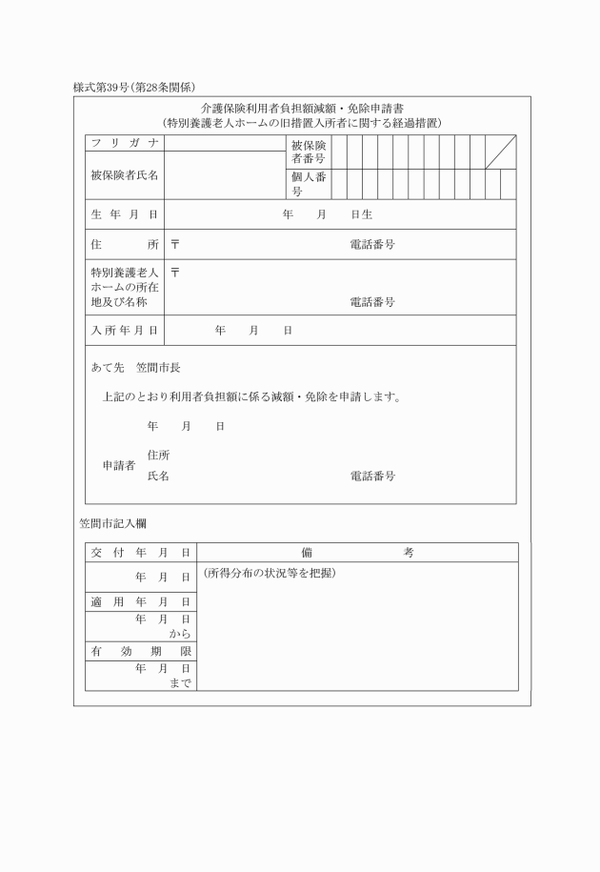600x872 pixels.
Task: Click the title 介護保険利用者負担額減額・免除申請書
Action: point(302,109)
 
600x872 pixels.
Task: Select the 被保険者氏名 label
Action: point(124,175)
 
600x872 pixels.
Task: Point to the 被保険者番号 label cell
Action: point(309,152)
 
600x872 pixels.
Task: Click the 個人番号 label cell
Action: point(309,185)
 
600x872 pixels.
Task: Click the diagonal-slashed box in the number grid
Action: point(500,152)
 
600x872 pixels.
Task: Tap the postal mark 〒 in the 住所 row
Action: point(175,244)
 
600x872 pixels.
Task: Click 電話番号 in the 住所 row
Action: point(372,245)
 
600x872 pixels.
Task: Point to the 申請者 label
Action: point(118,465)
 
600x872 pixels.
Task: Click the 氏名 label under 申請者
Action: point(158,475)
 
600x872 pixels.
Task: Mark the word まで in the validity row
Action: point(180,682)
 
